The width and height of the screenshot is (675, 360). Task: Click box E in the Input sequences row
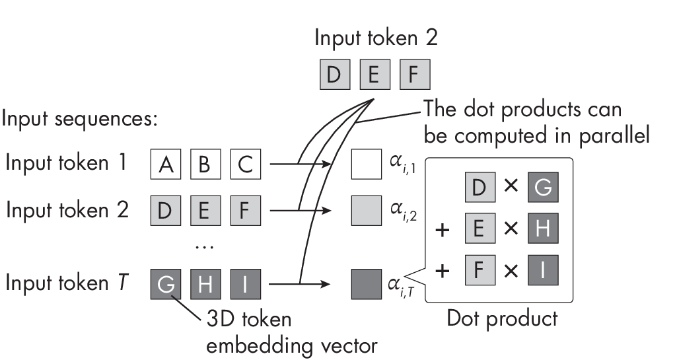coord(206,211)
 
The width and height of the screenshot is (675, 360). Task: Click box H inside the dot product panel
coord(543,229)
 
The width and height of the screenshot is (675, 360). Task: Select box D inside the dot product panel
coord(480,188)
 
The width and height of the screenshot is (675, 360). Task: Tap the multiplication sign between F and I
coord(511,270)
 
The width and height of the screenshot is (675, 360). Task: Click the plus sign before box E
coord(442,231)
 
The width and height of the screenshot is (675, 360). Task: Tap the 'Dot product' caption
coord(502,318)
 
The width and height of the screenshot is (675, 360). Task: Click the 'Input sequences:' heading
coord(79,120)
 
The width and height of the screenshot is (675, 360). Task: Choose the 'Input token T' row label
coord(68,283)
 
